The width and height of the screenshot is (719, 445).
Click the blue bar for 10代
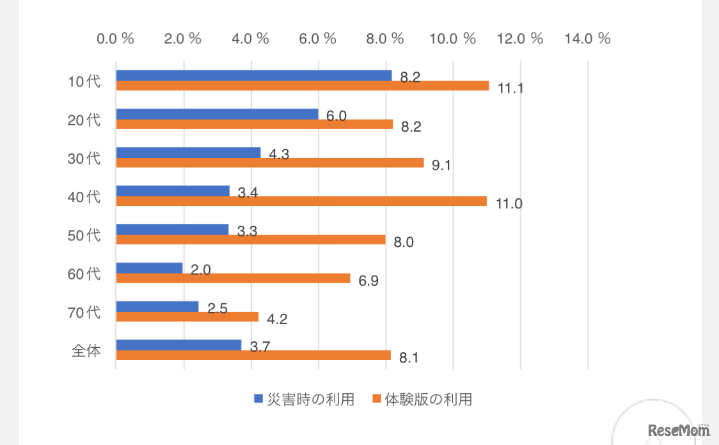tap(254, 75)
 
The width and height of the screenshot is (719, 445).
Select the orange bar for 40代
tap(301, 201)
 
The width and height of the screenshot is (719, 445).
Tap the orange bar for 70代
tap(187, 316)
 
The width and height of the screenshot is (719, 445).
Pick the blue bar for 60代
tap(150, 268)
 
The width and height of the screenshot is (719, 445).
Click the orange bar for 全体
tap(253, 355)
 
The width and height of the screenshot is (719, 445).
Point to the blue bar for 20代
tap(217, 114)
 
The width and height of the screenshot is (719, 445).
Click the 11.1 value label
tap(510, 89)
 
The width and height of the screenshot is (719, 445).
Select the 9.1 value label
tap(441, 166)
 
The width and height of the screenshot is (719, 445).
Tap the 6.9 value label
tap(368, 281)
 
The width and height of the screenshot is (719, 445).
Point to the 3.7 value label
tap(260, 347)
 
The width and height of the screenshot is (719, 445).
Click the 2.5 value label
tap(217, 309)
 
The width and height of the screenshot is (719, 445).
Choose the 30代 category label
tap(84, 158)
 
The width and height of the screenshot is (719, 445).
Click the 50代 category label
tap(84, 235)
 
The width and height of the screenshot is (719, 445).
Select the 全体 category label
tap(86, 350)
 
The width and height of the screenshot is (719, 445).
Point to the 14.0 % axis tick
tap(588, 38)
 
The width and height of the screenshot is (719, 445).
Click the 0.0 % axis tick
tap(115, 38)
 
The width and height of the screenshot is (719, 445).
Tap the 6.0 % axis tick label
tap(318, 38)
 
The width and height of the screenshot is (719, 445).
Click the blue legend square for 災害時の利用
tap(259, 400)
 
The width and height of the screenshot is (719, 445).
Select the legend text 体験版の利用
tap(429, 400)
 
